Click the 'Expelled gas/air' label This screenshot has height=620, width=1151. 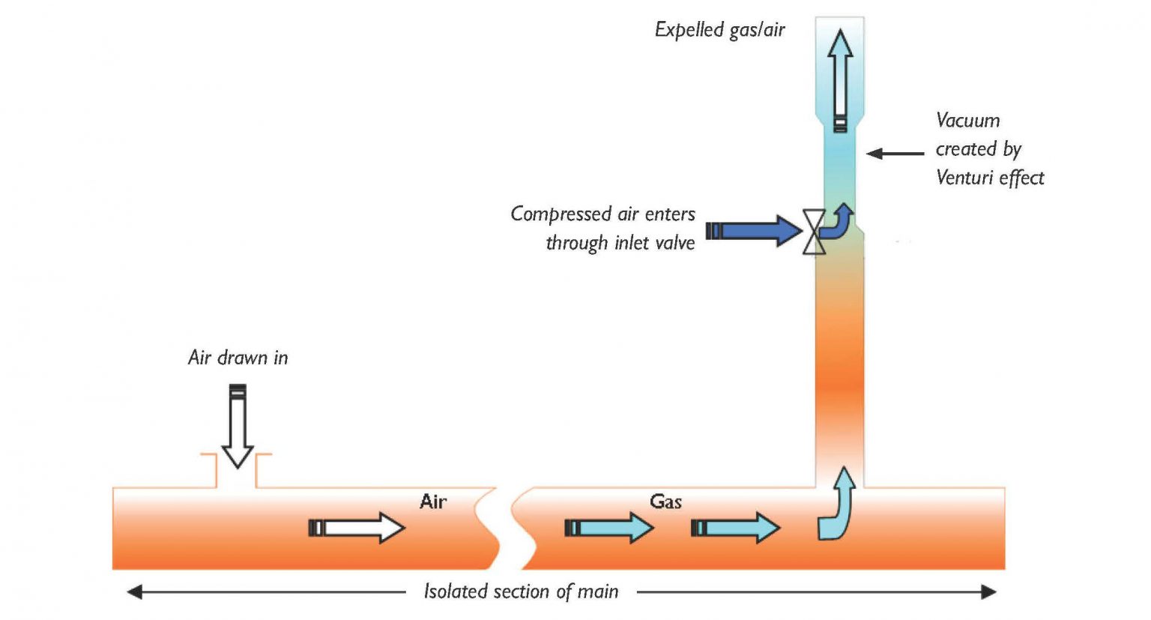(719, 30)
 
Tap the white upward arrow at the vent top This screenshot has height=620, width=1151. (840, 79)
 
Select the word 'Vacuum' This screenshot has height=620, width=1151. (967, 121)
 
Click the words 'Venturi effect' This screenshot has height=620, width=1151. (990, 178)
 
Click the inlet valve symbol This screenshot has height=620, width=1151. (814, 232)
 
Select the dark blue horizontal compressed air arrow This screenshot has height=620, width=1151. (754, 230)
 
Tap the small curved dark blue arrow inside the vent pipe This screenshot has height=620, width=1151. (839, 221)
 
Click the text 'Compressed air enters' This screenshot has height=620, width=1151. (602, 214)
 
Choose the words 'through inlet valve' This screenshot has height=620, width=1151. (620, 243)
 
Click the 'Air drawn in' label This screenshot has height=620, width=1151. (238, 358)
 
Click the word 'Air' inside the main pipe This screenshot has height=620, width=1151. (433, 502)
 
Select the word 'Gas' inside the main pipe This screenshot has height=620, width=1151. (665, 502)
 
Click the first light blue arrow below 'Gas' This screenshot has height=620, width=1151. (608, 528)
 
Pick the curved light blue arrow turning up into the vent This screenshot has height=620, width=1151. (837, 506)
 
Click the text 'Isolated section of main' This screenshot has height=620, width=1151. (521, 592)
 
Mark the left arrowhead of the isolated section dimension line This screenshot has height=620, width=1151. (135, 592)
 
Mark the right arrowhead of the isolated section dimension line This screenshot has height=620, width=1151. (988, 592)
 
